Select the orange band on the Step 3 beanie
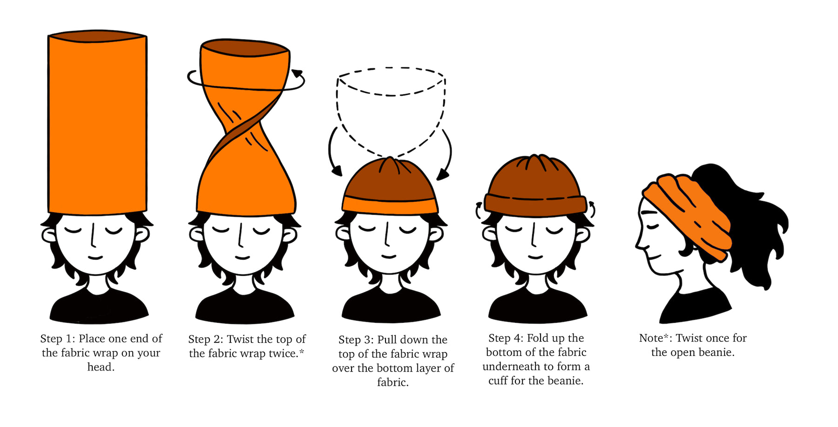(x=390, y=205)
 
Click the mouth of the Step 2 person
(x=243, y=257)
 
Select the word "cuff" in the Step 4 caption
(x=498, y=380)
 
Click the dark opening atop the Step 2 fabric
(x=245, y=47)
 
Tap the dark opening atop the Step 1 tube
(x=97, y=36)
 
